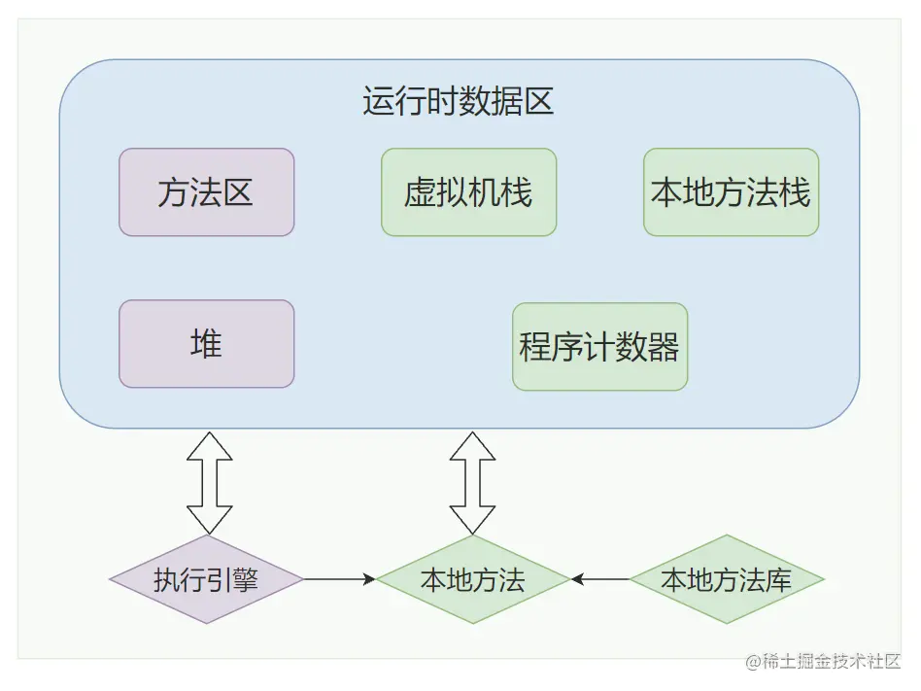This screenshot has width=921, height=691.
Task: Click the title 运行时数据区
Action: coord(459,102)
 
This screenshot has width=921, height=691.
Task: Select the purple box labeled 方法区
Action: coord(206,192)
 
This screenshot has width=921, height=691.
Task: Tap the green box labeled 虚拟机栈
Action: coord(468,192)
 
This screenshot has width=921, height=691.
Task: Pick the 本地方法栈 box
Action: coord(731,192)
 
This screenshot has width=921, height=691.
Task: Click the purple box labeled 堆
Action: coord(206,344)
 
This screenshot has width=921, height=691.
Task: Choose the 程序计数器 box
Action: coord(599,347)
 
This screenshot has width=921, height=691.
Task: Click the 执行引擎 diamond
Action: coord(206,580)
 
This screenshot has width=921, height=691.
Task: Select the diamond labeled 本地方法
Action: coord(473,580)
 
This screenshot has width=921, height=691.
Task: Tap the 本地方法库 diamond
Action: coord(727,580)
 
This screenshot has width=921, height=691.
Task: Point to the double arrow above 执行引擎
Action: coord(209,483)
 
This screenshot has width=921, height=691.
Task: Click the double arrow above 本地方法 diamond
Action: coord(473,483)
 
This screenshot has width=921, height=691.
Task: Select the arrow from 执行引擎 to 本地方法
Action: coord(340,579)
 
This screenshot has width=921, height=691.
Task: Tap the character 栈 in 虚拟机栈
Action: coord(517,192)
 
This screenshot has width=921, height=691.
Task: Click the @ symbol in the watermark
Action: coord(753,662)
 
